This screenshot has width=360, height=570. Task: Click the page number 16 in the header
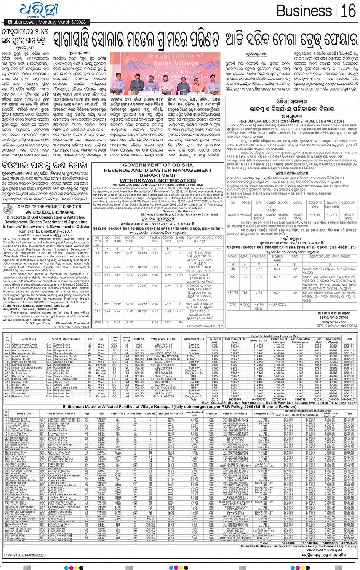pyautogui.click(x=348, y=11)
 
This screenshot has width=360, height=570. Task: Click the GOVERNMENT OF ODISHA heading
pyautogui.click(x=158, y=165)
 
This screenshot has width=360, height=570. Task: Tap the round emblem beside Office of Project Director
pyautogui.click(x=8, y=209)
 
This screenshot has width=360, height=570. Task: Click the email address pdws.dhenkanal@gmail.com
pyautogui.click(x=45, y=235)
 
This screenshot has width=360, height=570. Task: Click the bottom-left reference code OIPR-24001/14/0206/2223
pyautogui.click(x=24, y=555)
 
